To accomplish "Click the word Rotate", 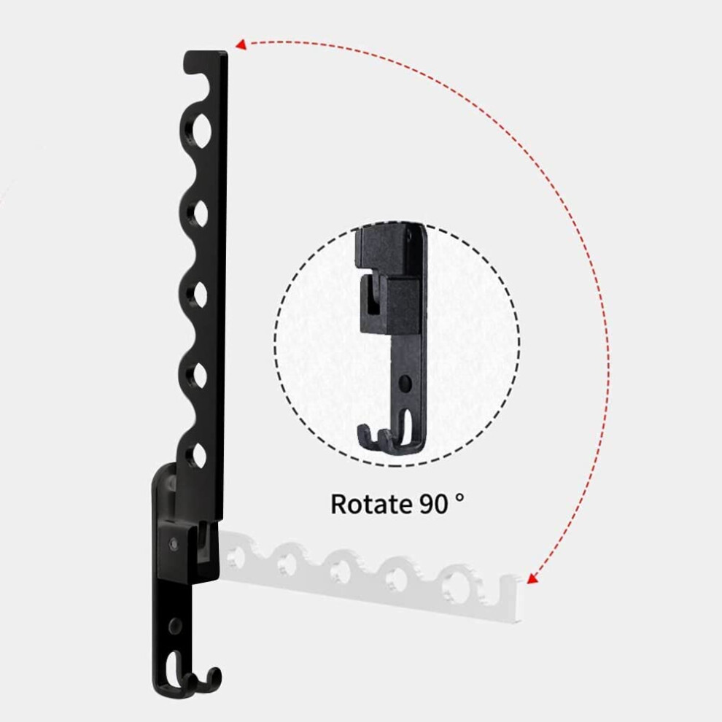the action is [x=370, y=504].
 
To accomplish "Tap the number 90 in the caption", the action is [x=433, y=504].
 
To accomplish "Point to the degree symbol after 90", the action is [x=459, y=497].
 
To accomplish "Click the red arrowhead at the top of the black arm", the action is [x=241, y=44].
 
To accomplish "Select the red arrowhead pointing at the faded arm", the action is [x=532, y=578].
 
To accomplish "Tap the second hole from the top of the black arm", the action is [x=200, y=213].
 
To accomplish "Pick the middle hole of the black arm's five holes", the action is [x=199, y=295].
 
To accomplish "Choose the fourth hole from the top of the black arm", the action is [x=199, y=375].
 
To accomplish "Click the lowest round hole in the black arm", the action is [x=199, y=454].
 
